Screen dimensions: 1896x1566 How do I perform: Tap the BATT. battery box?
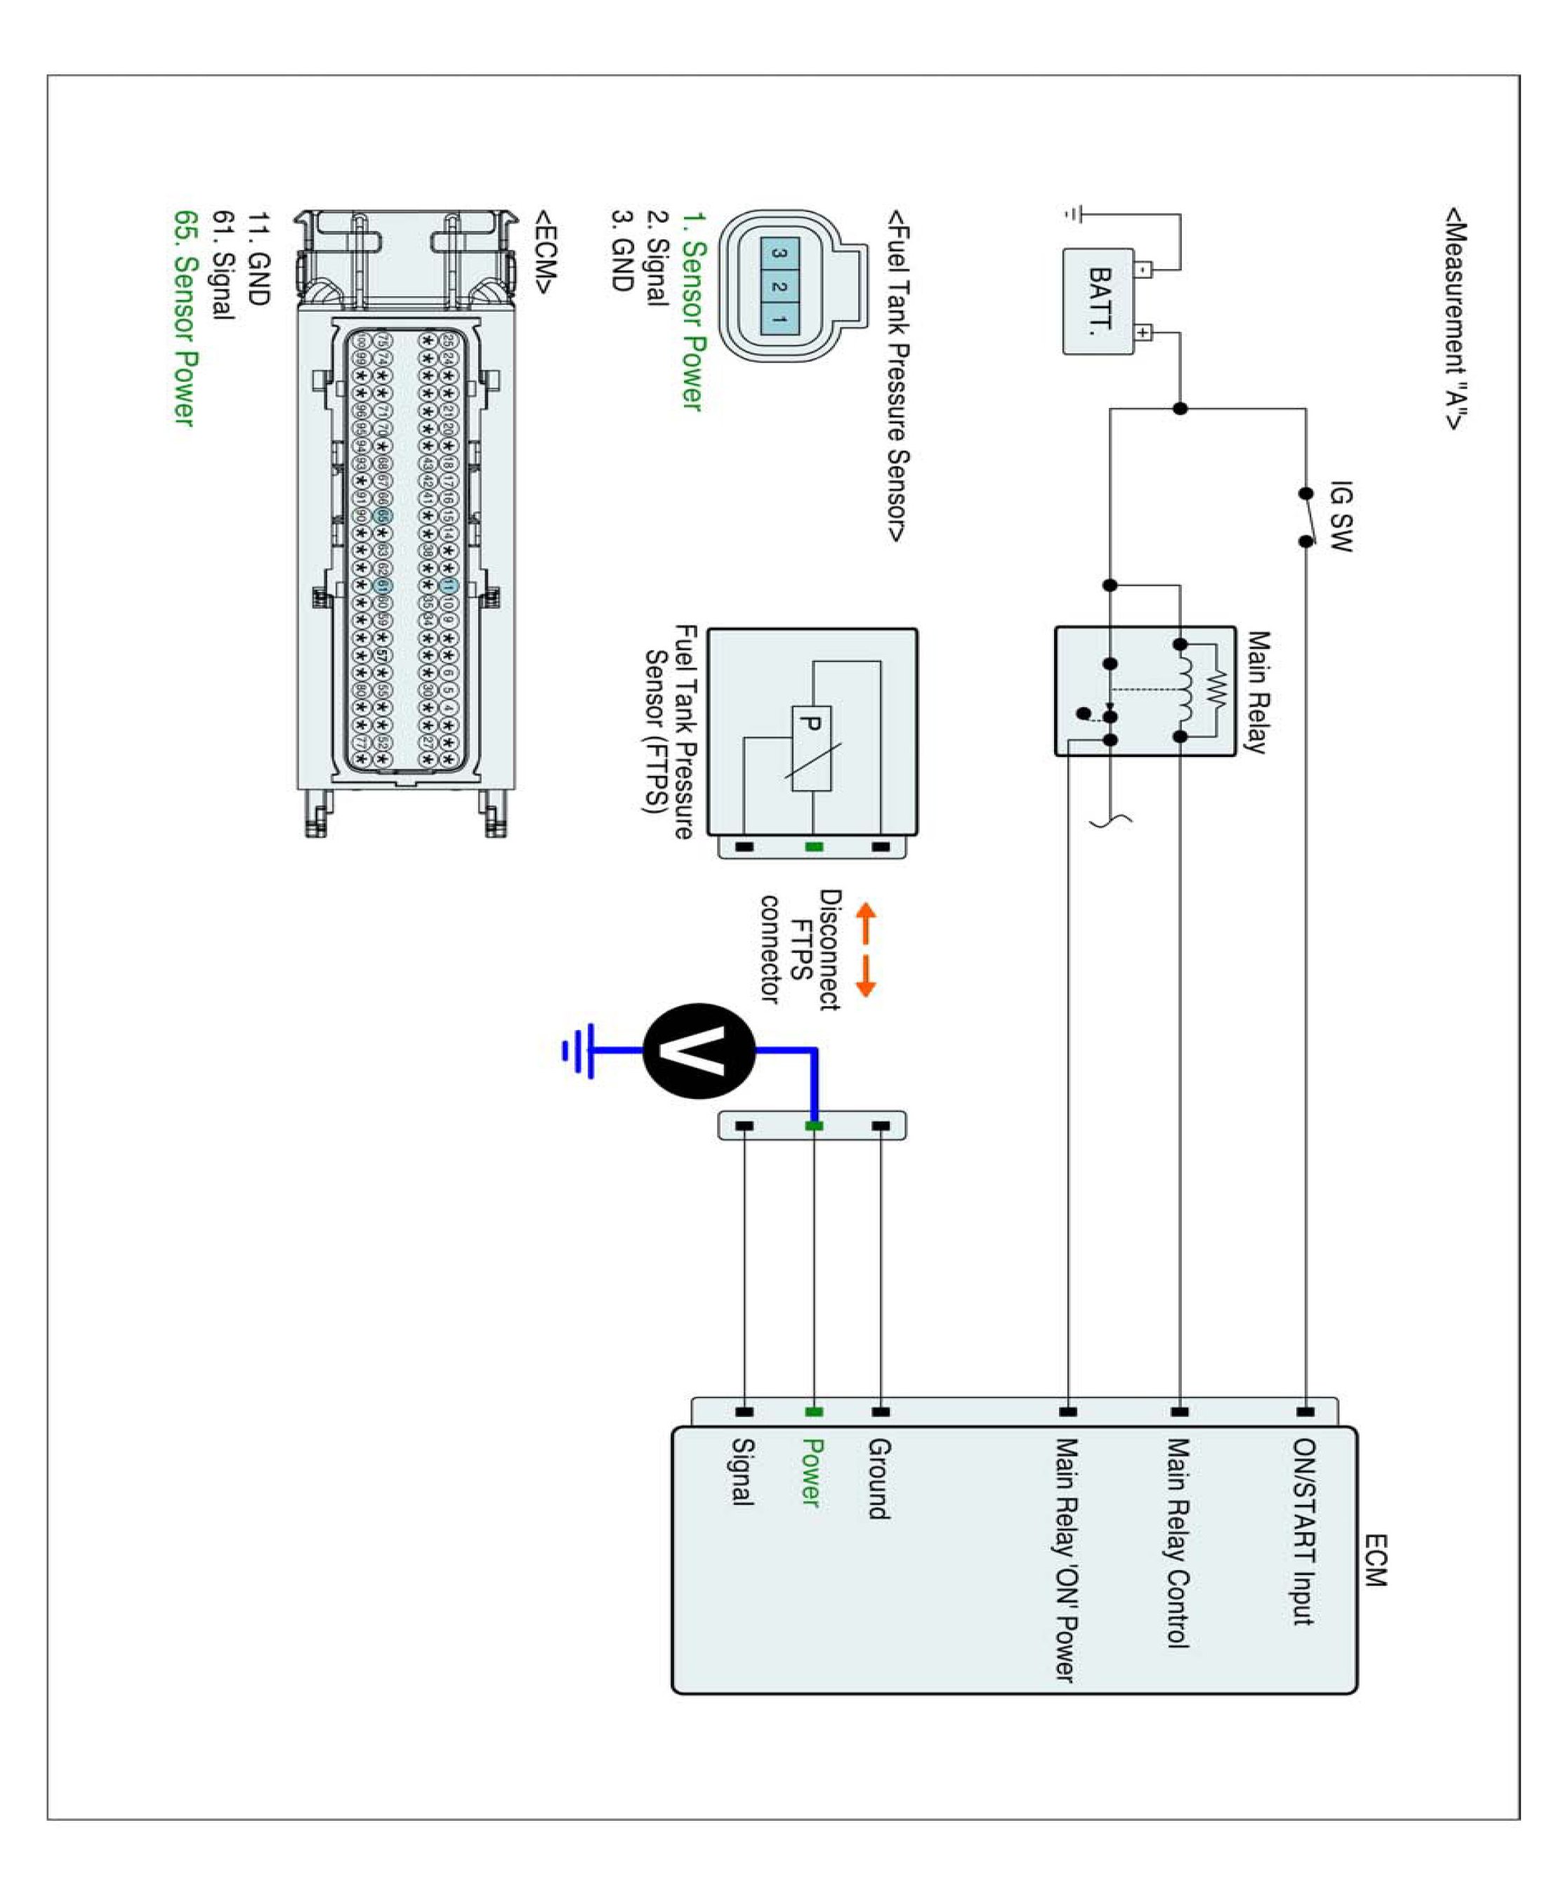point(1099,301)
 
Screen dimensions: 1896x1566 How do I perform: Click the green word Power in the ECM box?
point(812,1472)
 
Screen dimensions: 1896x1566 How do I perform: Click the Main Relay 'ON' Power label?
point(1066,1560)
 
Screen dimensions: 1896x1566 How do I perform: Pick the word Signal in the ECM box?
point(742,1471)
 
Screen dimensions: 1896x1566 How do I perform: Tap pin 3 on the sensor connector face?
point(779,254)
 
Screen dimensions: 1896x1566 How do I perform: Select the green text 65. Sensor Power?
point(184,317)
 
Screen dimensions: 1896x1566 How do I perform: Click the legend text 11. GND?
point(259,259)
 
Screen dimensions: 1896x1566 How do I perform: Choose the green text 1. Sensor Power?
point(692,312)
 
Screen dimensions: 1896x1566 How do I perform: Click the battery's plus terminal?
point(1143,333)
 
